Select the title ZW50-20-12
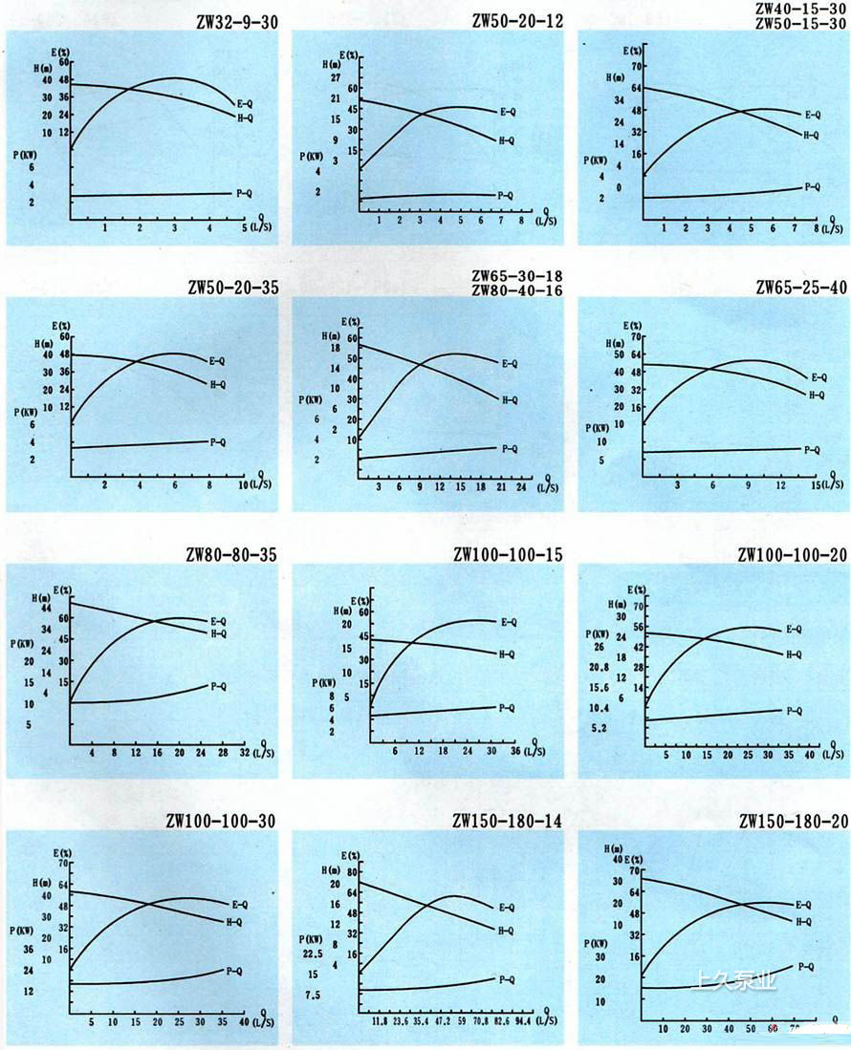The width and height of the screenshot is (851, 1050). [517, 20]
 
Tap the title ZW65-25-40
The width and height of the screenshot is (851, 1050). [800, 288]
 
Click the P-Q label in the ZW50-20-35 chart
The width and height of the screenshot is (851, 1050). [217, 442]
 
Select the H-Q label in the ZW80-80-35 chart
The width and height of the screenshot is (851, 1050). [218, 633]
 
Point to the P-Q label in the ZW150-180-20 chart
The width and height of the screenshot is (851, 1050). [805, 967]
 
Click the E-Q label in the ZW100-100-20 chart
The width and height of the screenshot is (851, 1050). [794, 629]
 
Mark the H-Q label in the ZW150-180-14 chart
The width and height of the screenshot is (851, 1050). [506, 931]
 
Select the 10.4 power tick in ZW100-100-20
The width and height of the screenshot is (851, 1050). [600, 708]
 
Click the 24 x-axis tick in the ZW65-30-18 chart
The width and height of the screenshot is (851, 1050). [521, 486]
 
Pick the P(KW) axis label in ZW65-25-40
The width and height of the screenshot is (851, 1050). [599, 427]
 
